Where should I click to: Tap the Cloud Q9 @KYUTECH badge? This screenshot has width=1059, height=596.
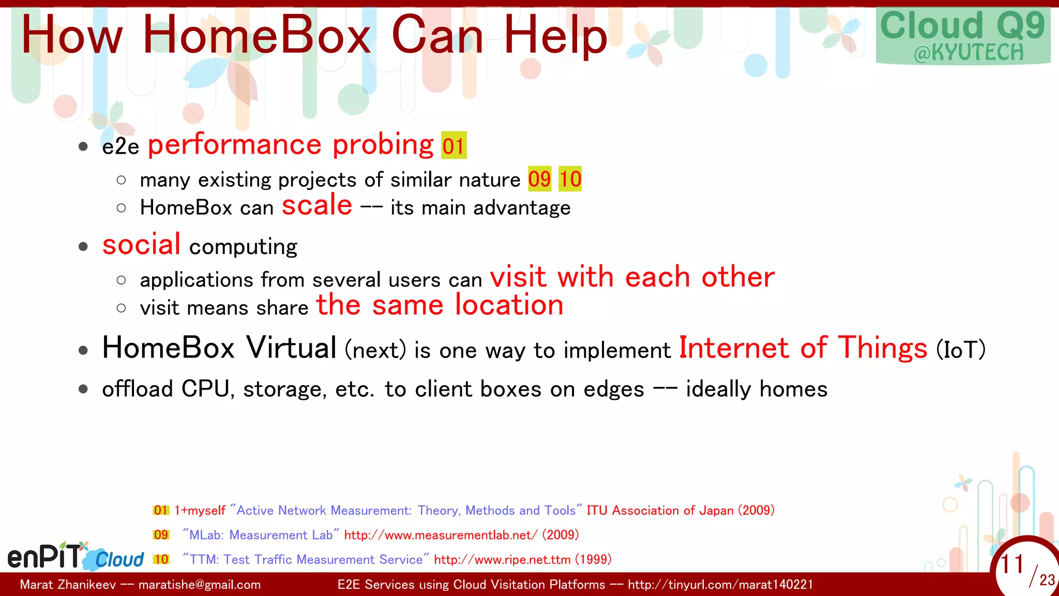(963, 36)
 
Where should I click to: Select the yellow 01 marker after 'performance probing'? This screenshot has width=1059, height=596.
(453, 145)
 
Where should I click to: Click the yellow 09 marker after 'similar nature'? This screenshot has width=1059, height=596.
(539, 179)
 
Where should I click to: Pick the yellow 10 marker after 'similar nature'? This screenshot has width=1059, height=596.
(570, 179)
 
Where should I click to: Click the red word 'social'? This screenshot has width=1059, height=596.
(141, 244)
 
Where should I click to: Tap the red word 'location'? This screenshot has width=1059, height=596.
(509, 305)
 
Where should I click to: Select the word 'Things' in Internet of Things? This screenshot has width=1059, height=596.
(882, 348)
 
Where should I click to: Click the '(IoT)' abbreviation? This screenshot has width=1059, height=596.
(961, 350)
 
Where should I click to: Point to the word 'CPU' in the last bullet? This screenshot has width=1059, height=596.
(205, 389)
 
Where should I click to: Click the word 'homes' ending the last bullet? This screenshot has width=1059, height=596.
(793, 389)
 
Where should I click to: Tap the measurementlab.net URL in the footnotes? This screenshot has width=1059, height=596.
(441, 535)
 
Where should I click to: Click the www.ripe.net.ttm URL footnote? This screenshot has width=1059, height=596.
(502, 559)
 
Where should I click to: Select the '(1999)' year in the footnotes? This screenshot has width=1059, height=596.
(593, 559)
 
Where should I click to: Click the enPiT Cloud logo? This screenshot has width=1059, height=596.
(75, 557)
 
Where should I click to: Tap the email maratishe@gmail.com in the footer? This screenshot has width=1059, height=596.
(200, 585)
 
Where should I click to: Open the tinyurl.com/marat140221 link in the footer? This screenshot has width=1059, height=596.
(720, 585)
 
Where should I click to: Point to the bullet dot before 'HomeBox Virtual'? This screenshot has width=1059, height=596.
(83, 350)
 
